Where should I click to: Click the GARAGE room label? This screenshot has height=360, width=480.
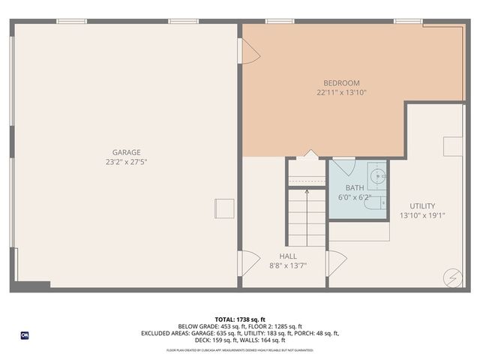pos(126,152)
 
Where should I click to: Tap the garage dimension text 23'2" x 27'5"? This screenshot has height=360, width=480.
pos(126,162)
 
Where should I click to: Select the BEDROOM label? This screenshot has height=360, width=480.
pos(341,83)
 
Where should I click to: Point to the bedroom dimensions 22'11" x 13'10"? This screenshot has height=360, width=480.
pos(341,93)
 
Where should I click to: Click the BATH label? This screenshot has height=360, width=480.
pos(354,187)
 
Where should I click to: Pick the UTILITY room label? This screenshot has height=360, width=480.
pos(422,205)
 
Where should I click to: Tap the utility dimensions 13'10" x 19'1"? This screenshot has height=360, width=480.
pos(422,215)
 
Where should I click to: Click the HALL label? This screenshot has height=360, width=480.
pos(287,256)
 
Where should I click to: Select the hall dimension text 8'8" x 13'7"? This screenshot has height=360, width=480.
pos(287,265)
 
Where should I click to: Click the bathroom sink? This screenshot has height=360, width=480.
pos(379,178)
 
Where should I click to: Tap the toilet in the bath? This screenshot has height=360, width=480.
pos(380,202)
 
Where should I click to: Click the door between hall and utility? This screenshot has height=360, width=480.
pos(336,262)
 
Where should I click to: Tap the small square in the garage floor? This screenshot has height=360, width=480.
pos(224,208)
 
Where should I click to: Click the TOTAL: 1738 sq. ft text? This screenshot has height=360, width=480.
pos(239,319)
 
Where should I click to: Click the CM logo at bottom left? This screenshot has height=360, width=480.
pos(24,335)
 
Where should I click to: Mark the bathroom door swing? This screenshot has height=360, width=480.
pos(343,167)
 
